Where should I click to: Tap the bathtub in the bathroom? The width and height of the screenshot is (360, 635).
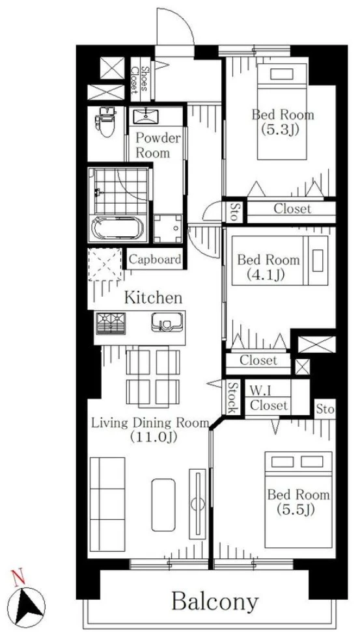click(118, 229)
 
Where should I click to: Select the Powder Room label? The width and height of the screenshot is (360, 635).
click(158, 145)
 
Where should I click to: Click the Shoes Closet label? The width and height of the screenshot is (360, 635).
click(140, 79)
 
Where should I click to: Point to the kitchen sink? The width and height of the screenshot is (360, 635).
click(167, 322)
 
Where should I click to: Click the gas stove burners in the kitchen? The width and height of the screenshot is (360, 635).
click(111, 323)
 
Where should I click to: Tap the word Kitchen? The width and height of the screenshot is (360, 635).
click(153, 298)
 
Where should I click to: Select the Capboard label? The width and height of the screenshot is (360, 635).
click(154, 259)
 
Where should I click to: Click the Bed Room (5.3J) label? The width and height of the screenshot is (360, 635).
click(283, 122)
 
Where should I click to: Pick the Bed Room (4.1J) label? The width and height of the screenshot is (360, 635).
click(268, 267)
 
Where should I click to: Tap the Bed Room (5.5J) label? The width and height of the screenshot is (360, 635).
click(298, 502)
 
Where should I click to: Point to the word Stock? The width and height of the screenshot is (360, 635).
click(232, 398)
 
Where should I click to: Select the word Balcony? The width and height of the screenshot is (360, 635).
click(215, 602)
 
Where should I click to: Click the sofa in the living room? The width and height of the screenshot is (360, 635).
click(107, 504)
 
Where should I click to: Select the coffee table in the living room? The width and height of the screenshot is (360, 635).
click(164, 505)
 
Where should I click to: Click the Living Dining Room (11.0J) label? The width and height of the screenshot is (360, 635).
click(150, 430)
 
